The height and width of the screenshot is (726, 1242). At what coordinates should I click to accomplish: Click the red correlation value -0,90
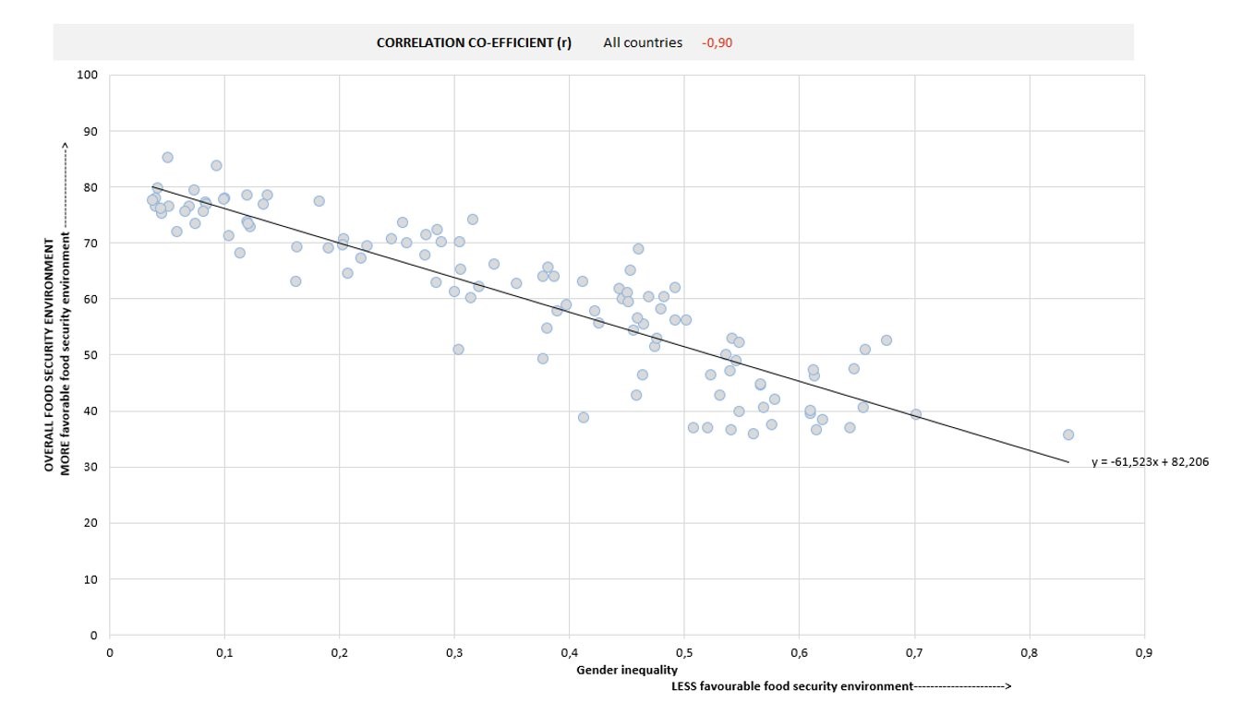coord(717,42)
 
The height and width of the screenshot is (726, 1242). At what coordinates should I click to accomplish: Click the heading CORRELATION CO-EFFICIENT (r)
coord(474,42)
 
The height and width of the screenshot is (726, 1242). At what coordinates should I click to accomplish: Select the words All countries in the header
coord(643,42)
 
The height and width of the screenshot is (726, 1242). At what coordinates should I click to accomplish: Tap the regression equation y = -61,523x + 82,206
coord(1149,462)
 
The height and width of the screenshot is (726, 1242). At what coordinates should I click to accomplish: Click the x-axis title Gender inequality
coord(627,670)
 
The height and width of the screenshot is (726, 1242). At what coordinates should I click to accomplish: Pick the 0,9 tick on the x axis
coord(1144,653)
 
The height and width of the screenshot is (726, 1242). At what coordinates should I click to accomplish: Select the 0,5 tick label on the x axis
coord(684,653)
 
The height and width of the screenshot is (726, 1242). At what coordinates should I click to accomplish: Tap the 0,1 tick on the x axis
coord(224,653)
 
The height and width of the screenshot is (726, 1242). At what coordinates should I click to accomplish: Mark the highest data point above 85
coord(167,158)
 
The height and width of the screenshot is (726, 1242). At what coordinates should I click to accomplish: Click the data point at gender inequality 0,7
coord(915,414)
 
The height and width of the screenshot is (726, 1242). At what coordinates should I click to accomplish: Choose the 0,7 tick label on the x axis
coord(914,653)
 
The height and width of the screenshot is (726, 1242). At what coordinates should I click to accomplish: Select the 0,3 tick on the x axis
coord(454,653)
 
